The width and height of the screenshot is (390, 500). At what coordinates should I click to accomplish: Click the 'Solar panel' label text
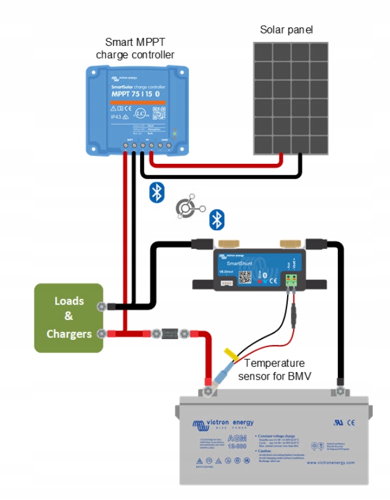click(x=286, y=29)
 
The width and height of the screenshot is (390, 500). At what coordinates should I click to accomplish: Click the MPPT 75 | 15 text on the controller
click(x=135, y=94)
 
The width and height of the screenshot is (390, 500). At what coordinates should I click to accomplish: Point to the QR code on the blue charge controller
click(x=158, y=113)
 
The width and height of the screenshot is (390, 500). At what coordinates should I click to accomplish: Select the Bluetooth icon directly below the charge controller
click(x=156, y=191)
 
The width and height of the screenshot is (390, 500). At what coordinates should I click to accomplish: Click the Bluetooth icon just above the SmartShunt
click(x=216, y=219)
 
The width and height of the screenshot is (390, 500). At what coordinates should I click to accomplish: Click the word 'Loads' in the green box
click(x=69, y=301)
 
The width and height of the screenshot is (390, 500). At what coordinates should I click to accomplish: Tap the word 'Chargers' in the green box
click(x=69, y=333)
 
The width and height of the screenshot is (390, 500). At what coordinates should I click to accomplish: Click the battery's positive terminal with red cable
click(x=208, y=391)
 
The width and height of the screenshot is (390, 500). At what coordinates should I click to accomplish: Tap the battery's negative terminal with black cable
click(x=340, y=390)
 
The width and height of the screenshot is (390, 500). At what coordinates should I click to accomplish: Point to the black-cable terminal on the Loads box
click(x=102, y=307)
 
